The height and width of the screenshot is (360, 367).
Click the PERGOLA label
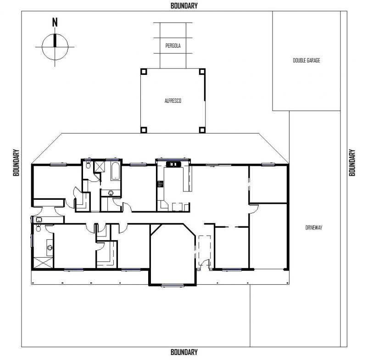tap(173, 45)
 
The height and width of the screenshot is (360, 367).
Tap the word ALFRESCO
tap(173, 101)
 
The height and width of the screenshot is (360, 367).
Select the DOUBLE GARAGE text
tap(306, 61)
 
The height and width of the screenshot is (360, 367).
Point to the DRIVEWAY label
tap(314, 227)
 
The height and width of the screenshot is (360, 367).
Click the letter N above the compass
tap(55, 22)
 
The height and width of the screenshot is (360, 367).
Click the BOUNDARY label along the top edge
tap(184, 6)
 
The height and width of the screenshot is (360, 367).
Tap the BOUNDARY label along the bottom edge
tap(184, 352)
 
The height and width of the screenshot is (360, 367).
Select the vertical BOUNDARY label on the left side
tap(16, 163)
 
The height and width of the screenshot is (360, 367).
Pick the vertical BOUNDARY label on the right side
tap(352, 163)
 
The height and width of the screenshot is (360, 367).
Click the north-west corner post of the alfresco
tap(144, 72)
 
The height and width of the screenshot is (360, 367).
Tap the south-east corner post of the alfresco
tap(202, 130)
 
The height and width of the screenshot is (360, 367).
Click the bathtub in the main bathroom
tap(116, 171)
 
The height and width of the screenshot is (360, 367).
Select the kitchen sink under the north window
tap(173, 164)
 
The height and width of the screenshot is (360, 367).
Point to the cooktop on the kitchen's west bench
tap(160, 184)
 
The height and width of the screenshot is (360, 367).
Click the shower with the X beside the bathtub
tap(99, 167)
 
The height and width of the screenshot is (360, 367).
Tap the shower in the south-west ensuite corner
tap(43, 263)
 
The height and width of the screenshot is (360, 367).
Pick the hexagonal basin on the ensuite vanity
tap(50, 247)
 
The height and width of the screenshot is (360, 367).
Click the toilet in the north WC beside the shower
tap(88, 165)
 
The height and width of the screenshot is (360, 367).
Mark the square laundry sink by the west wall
tap(39, 219)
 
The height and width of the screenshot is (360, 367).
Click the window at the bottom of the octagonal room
tap(172, 285)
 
